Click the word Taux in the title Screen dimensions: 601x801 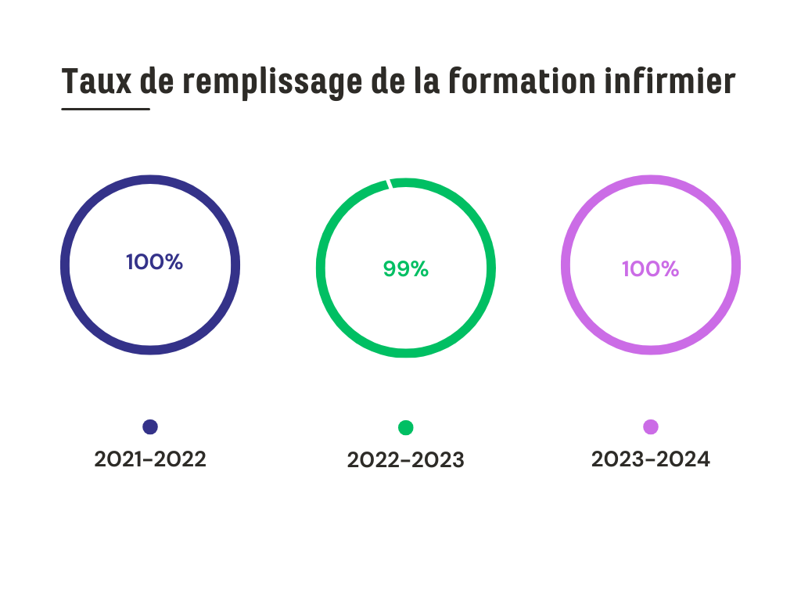coord(96,81)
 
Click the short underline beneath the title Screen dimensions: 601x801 coord(106,109)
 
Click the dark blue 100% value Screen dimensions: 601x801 coord(154,262)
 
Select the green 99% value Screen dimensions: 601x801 coord(405,268)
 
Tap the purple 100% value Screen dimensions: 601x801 coord(650,269)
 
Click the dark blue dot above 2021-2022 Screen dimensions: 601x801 coord(150,426)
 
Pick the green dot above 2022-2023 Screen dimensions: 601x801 coord(405,427)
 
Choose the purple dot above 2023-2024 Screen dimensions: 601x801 coord(651,426)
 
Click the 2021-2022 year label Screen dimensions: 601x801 coord(150,459)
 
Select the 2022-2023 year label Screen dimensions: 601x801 coord(405,460)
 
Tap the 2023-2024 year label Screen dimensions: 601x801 coord(651,459)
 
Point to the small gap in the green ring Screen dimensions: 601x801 coord(389,183)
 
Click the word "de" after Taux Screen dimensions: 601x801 coord(157,81)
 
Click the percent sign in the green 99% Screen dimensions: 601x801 coord(419,268)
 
